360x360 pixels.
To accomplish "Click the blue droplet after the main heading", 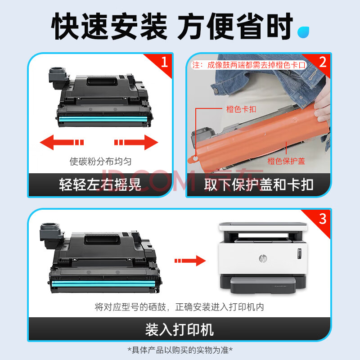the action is coord(303,32).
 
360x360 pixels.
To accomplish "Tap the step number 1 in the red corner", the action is coord(164,62).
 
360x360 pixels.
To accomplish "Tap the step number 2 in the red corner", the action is coord(323,62).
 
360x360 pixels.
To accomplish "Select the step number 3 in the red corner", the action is coord(323,219).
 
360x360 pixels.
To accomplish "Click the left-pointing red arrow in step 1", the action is coord(62,142).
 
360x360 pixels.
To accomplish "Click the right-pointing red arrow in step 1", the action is coord(136,142).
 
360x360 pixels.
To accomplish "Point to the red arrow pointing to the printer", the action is coord(190,261).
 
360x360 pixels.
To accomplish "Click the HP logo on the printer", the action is coord(263,258).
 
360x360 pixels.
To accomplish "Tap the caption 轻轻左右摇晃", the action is coord(100,184).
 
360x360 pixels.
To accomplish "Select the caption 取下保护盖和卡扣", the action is coord(259,184).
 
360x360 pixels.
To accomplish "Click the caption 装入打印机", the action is coord(180,330).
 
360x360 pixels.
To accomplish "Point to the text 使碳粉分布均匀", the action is coord(100,162).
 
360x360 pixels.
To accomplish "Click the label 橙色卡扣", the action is coord(241,109).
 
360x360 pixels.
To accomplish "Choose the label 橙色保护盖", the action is coord(286,161).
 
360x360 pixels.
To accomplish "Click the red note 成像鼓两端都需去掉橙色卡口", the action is coord(256,65).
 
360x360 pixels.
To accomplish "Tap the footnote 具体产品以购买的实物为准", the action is coord(180,350).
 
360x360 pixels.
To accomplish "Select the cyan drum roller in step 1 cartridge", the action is coord(103,119).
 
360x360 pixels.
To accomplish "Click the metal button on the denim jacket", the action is coord(216,91).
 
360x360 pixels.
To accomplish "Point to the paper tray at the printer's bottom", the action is coord(263,285).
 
